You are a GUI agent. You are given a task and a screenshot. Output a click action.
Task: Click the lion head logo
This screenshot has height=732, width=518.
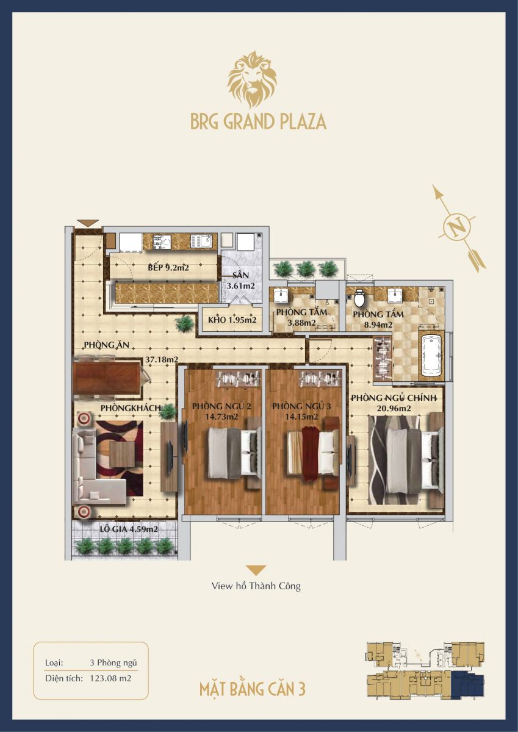(x=251, y=79)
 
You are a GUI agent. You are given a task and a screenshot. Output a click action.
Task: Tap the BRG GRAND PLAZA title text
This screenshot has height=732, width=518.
(x=259, y=121)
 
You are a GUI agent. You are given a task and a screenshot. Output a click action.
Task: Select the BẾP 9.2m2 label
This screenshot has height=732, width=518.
(x=168, y=268)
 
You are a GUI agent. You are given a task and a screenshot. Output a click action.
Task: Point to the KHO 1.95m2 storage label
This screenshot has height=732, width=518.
(x=232, y=320)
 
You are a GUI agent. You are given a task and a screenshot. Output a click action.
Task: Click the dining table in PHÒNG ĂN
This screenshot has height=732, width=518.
(x=107, y=378)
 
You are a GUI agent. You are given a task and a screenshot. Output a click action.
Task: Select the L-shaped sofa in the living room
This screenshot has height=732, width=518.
(x=95, y=467)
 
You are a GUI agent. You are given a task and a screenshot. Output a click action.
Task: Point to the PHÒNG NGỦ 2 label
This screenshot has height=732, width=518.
(x=221, y=406)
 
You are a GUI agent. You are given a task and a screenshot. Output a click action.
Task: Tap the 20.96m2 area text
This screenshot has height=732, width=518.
(x=394, y=409)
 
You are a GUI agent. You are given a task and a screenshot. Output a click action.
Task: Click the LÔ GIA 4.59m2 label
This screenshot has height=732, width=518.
(x=129, y=529)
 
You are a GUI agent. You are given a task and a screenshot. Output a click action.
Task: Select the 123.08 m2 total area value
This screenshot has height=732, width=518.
(x=110, y=678)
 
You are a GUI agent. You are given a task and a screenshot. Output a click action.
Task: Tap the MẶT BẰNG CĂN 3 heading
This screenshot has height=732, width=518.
(x=253, y=689)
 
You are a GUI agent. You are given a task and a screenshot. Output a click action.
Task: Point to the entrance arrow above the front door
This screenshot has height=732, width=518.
(x=88, y=223)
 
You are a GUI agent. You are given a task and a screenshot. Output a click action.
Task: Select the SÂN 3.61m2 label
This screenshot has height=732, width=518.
(x=241, y=281)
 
